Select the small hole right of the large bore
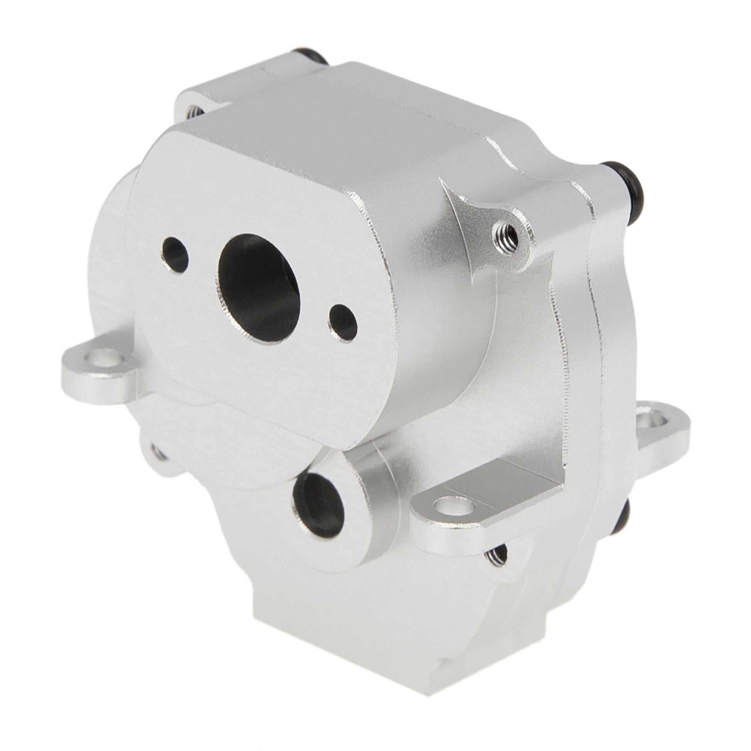click(343, 322)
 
